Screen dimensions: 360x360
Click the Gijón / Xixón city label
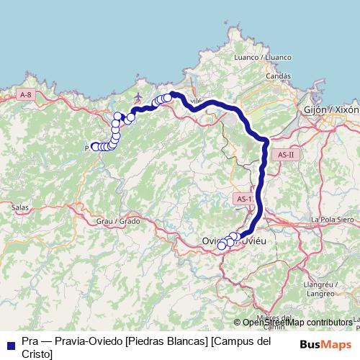331,109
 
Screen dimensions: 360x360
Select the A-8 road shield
25,94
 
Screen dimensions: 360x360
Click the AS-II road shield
286,155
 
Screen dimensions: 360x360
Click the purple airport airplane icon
140,96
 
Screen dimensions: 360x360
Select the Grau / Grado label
117,222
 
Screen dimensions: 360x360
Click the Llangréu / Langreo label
330,288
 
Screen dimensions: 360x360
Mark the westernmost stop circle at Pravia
94,147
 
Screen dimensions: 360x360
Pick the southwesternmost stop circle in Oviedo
222,246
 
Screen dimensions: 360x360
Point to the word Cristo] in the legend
37,354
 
